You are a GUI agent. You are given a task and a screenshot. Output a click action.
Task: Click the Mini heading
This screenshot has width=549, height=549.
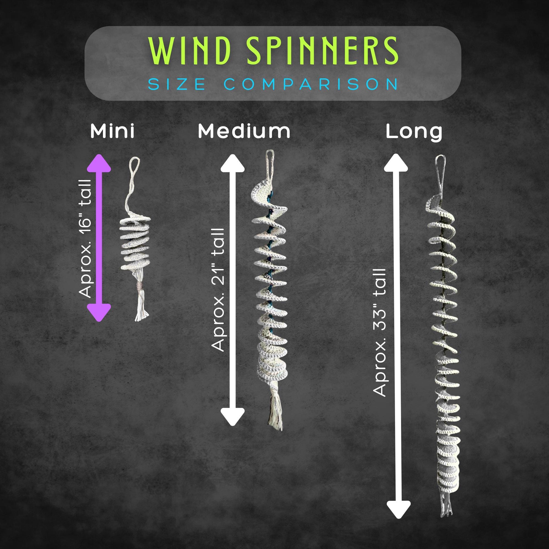112,131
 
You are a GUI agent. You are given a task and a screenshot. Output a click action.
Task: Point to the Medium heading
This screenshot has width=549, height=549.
244,131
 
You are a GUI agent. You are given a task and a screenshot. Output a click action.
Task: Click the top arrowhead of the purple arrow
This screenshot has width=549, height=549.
99,163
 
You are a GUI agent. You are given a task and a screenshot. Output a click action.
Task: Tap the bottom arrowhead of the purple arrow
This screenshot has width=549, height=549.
99,313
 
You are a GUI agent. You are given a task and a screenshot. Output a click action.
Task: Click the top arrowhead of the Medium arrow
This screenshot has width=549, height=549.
233,163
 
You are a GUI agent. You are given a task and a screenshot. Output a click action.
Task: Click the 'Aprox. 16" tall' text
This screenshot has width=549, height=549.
86,239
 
